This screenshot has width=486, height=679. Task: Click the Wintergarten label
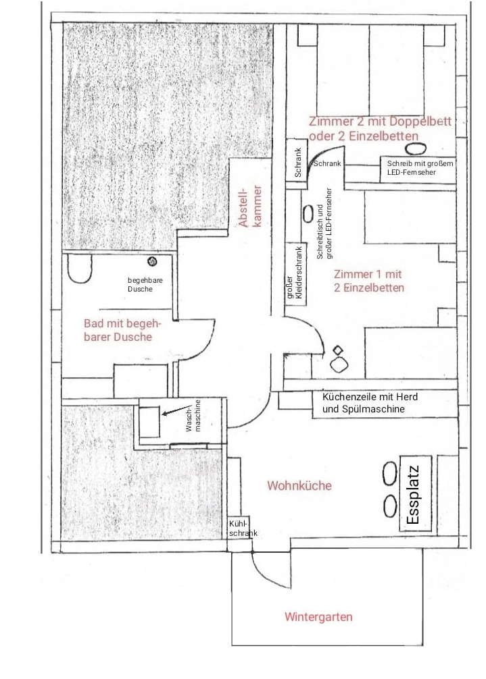pyautogui.click(x=318, y=617)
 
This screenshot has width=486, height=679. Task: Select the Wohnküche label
pyautogui.click(x=299, y=486)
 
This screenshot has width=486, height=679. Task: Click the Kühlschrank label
pyautogui.click(x=243, y=529)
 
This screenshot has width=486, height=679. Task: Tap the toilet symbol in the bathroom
pyautogui.click(x=80, y=269)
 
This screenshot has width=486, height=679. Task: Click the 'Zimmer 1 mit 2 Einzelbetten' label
pyautogui.click(x=368, y=281)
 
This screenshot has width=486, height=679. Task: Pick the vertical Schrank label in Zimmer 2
pyautogui.click(x=297, y=162)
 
